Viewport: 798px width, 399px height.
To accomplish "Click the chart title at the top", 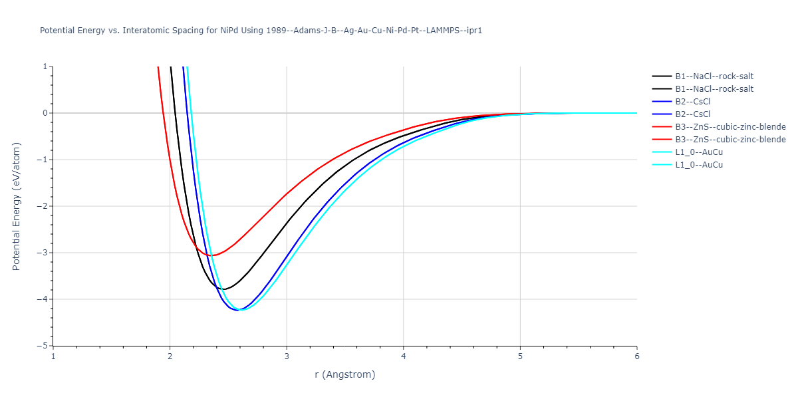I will (x=261, y=31).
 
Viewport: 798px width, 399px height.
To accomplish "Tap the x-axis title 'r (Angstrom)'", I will (x=344, y=374).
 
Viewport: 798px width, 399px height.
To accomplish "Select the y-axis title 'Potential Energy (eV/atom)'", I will (x=17, y=206).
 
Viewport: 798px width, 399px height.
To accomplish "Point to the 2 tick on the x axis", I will (x=170, y=356).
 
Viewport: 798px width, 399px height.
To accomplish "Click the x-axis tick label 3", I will (x=287, y=356).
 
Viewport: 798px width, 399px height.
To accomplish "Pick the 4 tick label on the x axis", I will (x=404, y=356).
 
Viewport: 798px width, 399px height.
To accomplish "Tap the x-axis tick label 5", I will (x=520, y=356).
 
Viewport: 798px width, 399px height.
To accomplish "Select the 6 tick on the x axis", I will (x=636, y=356).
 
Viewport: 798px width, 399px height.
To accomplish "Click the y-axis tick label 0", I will (x=45, y=113).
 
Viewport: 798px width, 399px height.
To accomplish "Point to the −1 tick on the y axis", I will (x=43, y=160).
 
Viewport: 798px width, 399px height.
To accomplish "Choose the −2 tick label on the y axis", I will (x=43, y=206).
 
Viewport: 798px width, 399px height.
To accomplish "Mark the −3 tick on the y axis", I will (x=43, y=253).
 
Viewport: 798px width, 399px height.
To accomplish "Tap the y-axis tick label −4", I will (x=43, y=299).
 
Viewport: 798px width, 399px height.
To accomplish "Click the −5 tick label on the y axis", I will (x=43, y=346).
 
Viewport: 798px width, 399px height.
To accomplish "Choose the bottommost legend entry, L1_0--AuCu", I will (x=699, y=165).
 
